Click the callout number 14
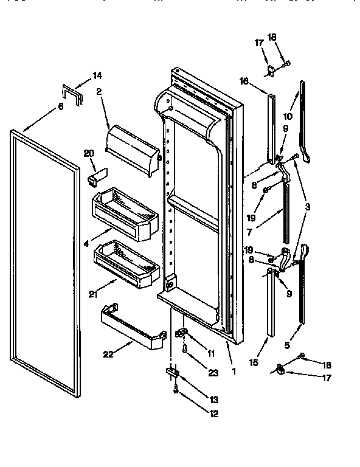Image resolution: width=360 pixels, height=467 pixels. [97, 75]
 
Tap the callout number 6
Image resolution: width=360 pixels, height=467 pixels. [61, 106]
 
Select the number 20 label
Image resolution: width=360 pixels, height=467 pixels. [89, 154]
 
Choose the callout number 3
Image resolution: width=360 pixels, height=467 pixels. [310, 207]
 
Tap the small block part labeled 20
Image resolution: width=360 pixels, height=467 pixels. [95, 177]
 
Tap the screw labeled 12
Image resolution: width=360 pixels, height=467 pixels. [176, 392]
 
